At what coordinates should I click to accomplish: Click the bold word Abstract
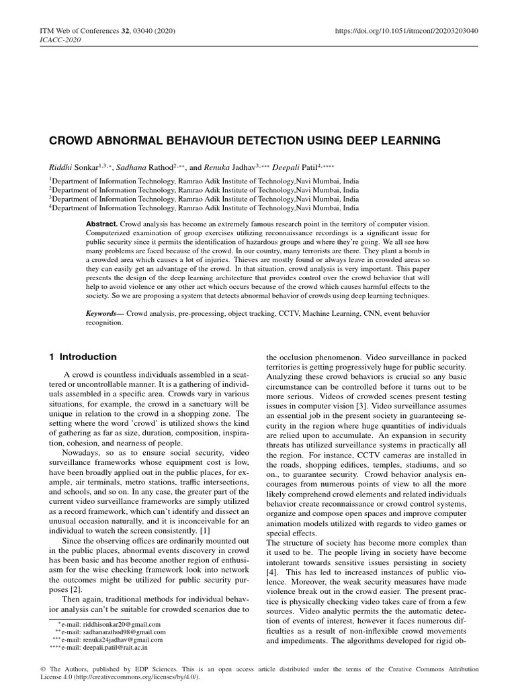pyautogui.click(x=101, y=222)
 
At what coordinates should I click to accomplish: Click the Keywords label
pyautogui.click(x=103, y=314)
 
